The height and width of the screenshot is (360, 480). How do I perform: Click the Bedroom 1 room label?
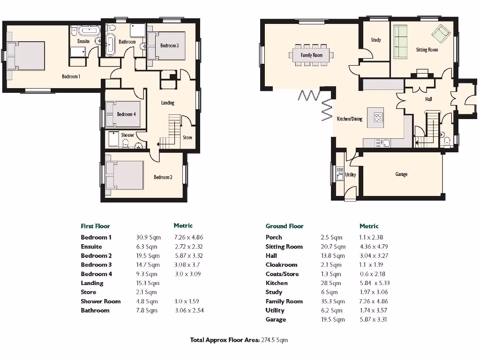click(x=71, y=76)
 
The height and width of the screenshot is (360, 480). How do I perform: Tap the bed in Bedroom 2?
click(x=125, y=176)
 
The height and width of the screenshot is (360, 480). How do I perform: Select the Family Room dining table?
click(x=312, y=54)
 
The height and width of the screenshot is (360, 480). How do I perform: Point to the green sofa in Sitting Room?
click(x=400, y=42)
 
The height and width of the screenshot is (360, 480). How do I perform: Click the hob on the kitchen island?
click(x=379, y=117)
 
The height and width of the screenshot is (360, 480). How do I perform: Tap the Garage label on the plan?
click(x=401, y=174)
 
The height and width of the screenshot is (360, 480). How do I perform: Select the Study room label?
click(x=375, y=40)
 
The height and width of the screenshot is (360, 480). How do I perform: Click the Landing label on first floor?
click(x=167, y=103)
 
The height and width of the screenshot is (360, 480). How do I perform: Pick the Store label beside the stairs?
click(x=187, y=138)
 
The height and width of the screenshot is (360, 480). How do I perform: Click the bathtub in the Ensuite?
click(x=88, y=31)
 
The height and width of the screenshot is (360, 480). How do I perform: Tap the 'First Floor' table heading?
click(x=95, y=226)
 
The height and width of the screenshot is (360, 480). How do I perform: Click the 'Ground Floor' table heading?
click(x=284, y=226)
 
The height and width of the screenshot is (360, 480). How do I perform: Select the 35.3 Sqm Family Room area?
click(x=332, y=301)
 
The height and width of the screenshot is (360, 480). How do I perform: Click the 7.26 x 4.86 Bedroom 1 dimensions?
click(x=188, y=238)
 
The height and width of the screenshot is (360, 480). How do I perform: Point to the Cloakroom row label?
click(x=281, y=265)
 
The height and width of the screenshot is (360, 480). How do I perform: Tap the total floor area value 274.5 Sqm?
click(x=274, y=340)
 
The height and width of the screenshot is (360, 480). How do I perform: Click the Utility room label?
click(x=350, y=175)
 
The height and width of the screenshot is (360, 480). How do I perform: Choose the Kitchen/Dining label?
click(x=350, y=119)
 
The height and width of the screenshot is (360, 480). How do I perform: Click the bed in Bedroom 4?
click(x=123, y=114)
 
